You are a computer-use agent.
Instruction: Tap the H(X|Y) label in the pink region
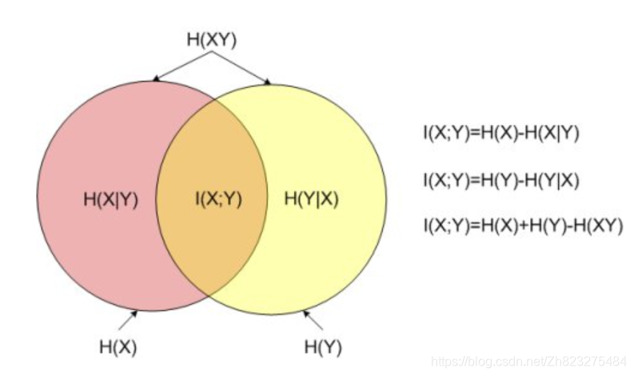coord(110,199)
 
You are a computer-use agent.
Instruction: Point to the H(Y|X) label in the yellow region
coord(312,199)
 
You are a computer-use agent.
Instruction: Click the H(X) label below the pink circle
coord(118,347)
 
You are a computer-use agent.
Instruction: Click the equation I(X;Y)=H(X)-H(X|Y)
coord(501,133)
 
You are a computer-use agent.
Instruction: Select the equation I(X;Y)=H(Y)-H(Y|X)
coord(501,181)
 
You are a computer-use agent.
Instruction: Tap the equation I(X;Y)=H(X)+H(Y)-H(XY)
coord(523,226)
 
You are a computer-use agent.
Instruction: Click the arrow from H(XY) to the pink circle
coord(182,66)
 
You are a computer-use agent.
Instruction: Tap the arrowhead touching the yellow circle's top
coord(268,79)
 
